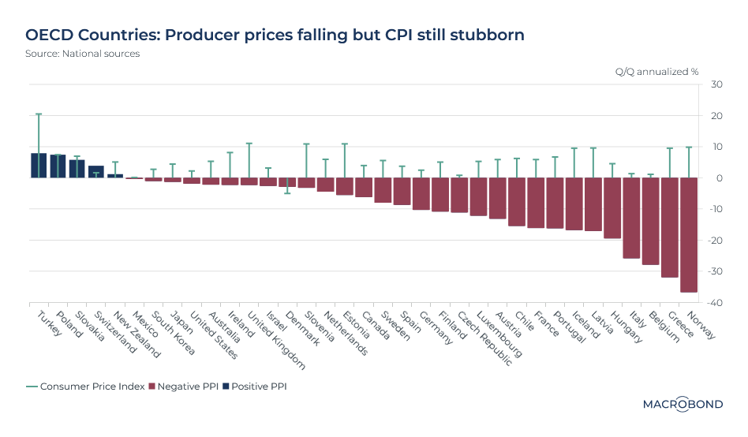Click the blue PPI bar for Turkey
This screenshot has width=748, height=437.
(x=39, y=166)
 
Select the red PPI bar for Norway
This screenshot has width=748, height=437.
(x=689, y=234)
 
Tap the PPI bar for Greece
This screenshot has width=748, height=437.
(x=670, y=227)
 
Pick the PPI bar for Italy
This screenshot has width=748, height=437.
(x=631, y=218)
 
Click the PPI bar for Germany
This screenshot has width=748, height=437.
(x=421, y=194)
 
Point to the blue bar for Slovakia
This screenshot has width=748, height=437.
(x=77, y=169)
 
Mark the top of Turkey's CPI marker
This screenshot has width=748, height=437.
(x=39, y=114)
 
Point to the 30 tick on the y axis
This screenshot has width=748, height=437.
(x=716, y=84)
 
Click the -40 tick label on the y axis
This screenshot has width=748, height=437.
(x=715, y=303)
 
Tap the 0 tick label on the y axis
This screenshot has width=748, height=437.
(x=719, y=178)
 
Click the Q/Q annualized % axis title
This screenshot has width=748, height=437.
(x=656, y=71)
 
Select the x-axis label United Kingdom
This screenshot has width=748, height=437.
(x=276, y=339)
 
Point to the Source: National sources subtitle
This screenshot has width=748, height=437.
(x=82, y=54)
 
